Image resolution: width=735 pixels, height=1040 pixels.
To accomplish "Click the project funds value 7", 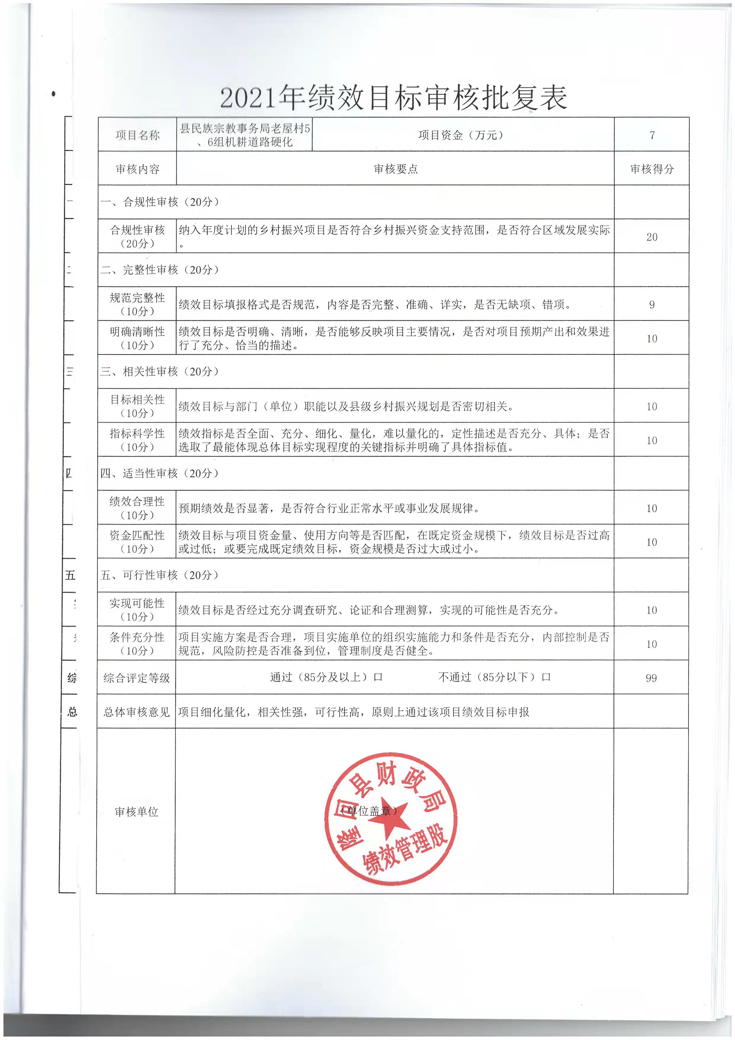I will tap(652, 135).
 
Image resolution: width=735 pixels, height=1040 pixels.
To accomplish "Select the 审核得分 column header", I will tap(652, 169).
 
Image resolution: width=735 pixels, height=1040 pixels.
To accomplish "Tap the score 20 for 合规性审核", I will tap(652, 237).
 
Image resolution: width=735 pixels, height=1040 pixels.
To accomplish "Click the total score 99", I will tap(651, 678).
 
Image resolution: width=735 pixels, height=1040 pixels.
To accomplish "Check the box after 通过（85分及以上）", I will tap(378, 678).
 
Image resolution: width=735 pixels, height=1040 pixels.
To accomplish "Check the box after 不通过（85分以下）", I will tap(546, 678).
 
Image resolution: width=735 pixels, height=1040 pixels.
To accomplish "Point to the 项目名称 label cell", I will tap(137, 135).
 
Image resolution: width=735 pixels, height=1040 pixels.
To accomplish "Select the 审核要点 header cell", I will tap(396, 169).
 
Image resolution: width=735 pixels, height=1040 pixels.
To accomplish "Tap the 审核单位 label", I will tap(136, 812).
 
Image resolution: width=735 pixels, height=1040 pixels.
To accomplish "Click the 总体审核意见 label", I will tap(136, 712).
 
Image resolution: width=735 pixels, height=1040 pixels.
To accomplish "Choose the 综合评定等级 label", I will tap(136, 678).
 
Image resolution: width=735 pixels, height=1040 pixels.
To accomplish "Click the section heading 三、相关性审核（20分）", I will tap(159, 371).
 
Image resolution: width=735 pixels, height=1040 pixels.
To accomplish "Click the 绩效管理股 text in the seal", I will tap(405, 853).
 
